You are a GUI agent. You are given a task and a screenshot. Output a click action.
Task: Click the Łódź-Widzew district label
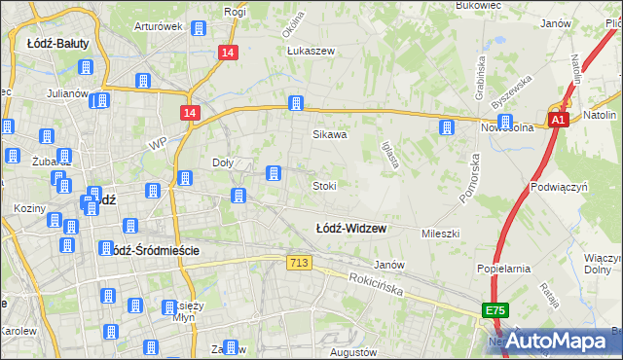[x=351, y=229]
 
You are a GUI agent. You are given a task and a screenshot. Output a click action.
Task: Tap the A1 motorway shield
[x=557, y=120]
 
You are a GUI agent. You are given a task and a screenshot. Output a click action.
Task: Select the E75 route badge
[x=494, y=309]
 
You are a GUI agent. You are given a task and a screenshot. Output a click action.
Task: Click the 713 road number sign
[x=299, y=264]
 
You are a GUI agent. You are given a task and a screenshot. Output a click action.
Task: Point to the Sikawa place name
[x=329, y=135]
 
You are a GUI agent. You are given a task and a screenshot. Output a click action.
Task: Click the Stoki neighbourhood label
[x=324, y=185]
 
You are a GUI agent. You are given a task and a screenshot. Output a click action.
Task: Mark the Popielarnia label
[x=502, y=268]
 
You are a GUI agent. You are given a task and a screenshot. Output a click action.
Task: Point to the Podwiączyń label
[x=558, y=185]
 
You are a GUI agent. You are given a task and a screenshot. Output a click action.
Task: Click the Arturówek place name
[x=159, y=26]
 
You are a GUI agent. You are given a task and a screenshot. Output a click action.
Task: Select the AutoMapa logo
[x=557, y=341]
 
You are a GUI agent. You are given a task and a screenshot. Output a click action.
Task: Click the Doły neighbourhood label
[x=223, y=162]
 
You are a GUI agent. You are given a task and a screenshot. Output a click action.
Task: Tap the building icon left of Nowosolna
[x=446, y=127]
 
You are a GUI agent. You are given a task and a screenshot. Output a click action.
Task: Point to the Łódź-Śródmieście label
[x=151, y=250]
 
